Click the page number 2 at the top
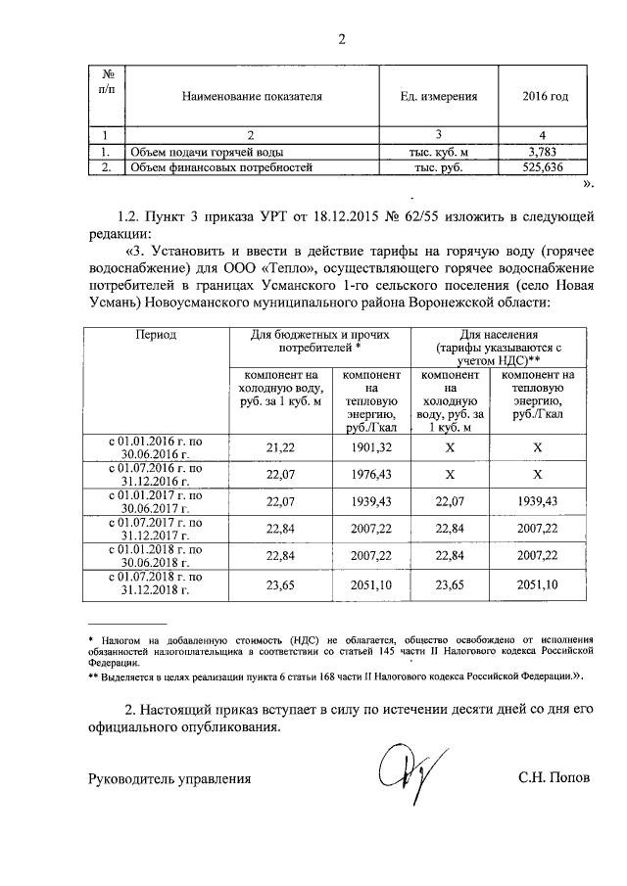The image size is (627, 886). click(x=342, y=40)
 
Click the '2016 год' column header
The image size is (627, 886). click(x=547, y=97)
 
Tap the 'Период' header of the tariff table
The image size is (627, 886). click(x=156, y=335)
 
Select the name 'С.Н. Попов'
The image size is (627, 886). click(x=555, y=779)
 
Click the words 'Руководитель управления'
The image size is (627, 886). click(x=169, y=779)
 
